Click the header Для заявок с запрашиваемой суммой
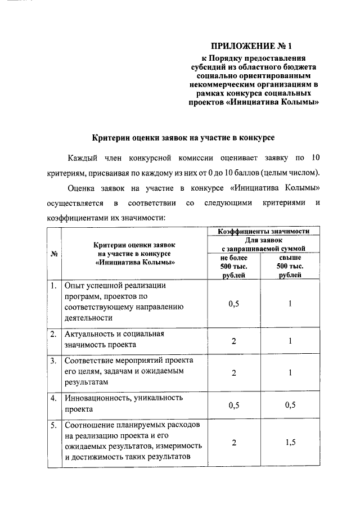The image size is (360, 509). pyautogui.click(x=263, y=244)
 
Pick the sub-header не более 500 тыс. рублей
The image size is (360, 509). pyautogui.click(x=233, y=266)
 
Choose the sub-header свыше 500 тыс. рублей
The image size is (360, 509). pyautogui.click(x=290, y=266)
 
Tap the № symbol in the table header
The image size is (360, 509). pyautogui.click(x=55, y=254)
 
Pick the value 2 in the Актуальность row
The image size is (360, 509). pyautogui.click(x=233, y=340)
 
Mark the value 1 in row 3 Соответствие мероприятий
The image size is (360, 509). pyautogui.click(x=290, y=372)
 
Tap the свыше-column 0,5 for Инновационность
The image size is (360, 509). pyautogui.click(x=290, y=405)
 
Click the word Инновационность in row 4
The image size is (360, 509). pyautogui.click(x=98, y=398)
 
